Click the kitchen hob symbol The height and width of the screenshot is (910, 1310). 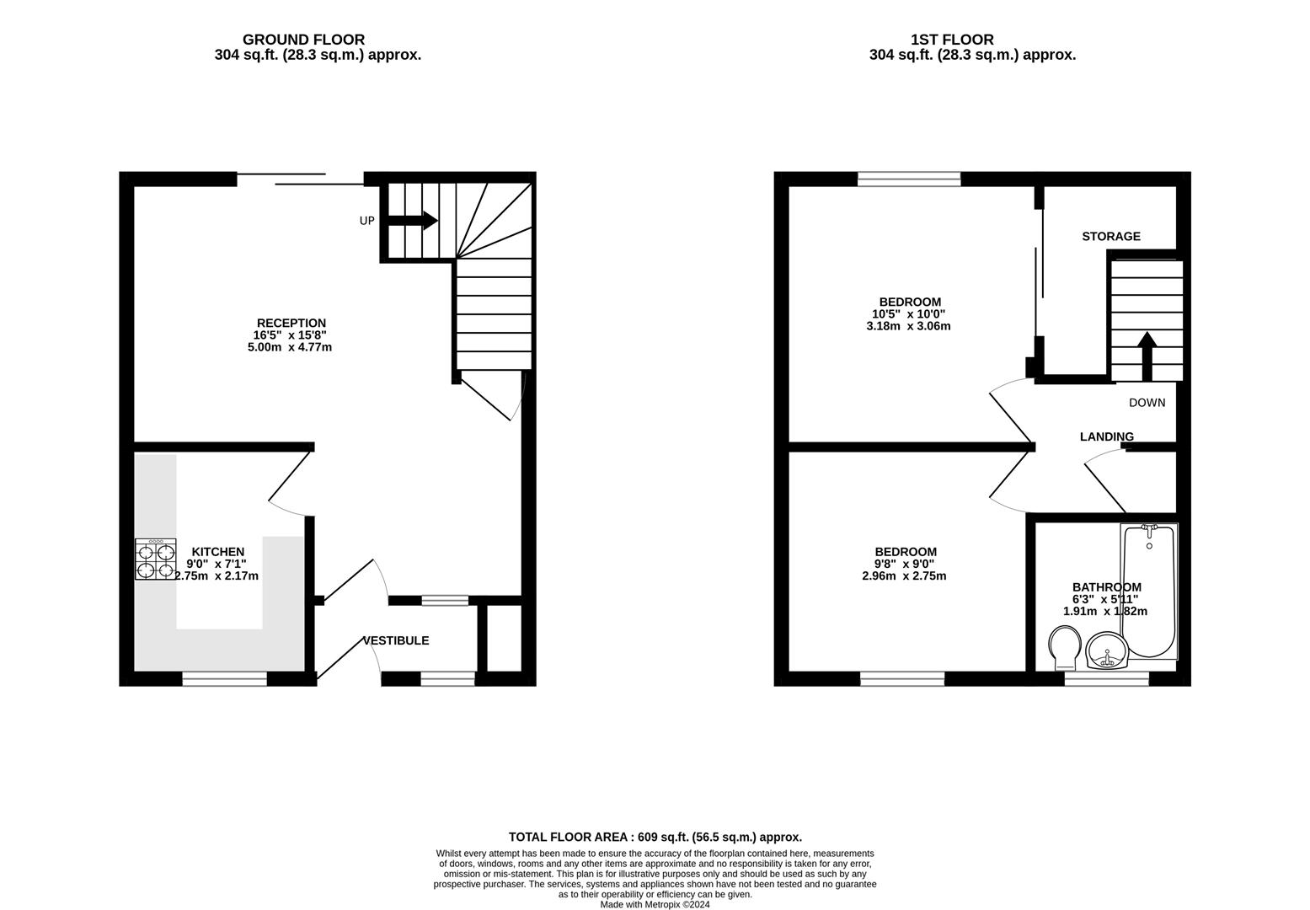point(156,559)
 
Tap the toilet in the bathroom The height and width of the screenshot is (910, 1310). point(1064,649)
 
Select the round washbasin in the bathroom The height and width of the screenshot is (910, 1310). point(1107,650)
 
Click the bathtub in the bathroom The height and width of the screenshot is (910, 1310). point(1149,591)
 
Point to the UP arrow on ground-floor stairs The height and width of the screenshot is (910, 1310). point(413,221)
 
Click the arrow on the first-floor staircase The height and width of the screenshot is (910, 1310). point(1147,356)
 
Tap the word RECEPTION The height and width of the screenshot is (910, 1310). point(291,323)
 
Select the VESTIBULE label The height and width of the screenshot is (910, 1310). point(396,640)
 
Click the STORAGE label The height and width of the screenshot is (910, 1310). point(1111,236)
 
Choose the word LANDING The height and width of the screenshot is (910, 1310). point(1106,436)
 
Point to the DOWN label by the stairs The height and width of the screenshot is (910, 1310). point(1147,403)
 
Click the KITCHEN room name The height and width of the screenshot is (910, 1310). point(218,552)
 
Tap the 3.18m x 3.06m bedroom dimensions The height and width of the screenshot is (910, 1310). point(908,326)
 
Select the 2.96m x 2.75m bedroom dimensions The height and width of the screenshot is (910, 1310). point(904,576)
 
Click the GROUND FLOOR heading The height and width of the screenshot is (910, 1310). point(303,40)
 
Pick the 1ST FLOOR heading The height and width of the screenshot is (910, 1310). point(952,40)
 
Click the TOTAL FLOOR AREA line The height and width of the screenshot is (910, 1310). point(655,837)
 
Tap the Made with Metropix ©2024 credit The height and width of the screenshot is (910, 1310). point(655,904)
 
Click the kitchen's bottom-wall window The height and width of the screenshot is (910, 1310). point(225,678)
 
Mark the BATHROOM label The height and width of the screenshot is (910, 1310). point(1106,587)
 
